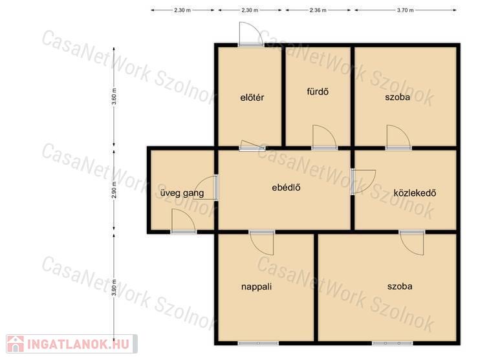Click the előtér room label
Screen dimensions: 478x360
click(x=252, y=98)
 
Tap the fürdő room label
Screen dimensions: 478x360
click(x=318, y=92)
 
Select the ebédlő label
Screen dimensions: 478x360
click(x=286, y=187)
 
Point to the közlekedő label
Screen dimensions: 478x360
click(x=415, y=193)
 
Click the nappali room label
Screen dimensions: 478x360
click(x=256, y=286)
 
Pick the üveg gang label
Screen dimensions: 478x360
click(x=182, y=193)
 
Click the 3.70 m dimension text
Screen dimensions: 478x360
click(x=405, y=10)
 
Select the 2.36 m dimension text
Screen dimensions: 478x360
click(x=318, y=10)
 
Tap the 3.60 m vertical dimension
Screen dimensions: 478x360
click(x=114, y=96)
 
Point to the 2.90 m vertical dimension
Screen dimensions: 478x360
click(x=114, y=190)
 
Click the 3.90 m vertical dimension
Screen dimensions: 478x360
click(x=114, y=288)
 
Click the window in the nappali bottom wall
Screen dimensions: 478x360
click(x=258, y=343)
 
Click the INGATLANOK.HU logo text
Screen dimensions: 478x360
click(x=78, y=344)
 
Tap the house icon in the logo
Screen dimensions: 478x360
click(x=16, y=344)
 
